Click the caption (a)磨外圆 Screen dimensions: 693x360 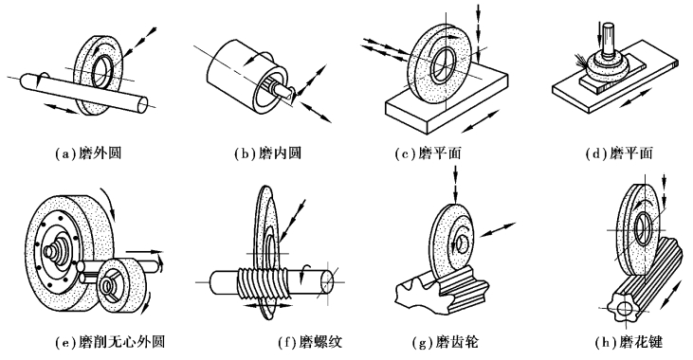coord(88,153)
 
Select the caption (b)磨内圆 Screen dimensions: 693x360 coord(268,153)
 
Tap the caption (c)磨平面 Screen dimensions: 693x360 coord(429,153)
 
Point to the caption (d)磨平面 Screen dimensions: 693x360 coord(619,153)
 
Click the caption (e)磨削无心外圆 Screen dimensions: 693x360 coord(110,341)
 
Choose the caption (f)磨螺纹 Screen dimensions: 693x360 coord(311,341)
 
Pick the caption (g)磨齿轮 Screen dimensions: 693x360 coord(445,341)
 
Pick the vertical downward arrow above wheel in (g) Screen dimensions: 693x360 coord(456,188)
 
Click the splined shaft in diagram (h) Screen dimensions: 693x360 coord(641,282)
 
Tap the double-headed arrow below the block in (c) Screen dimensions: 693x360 coord(482,121)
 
